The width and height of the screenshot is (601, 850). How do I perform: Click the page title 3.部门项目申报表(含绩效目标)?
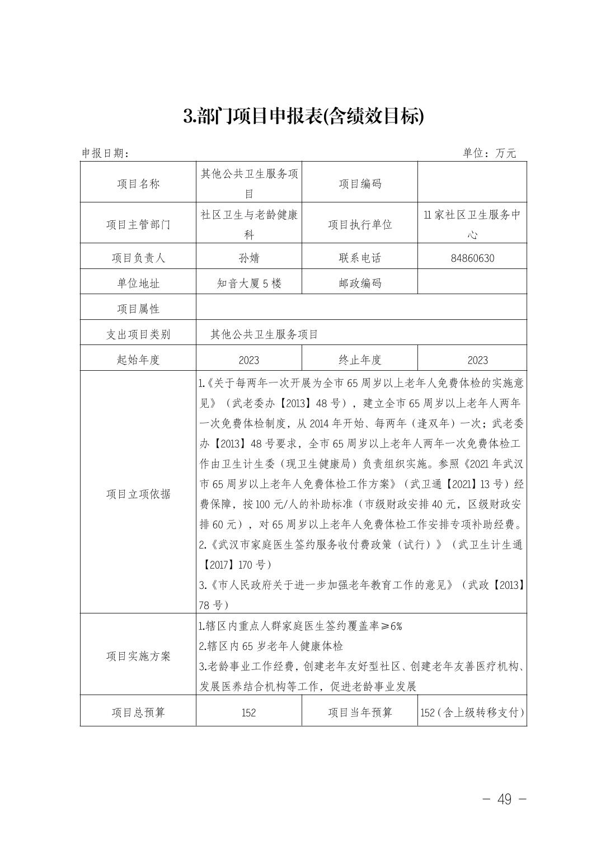304,116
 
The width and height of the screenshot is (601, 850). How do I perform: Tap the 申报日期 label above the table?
106,153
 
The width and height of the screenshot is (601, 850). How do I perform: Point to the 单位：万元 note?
489,153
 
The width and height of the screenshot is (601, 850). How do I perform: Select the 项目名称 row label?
138,183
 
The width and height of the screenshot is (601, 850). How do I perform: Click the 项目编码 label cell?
360,183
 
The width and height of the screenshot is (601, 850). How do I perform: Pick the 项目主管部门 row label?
138,224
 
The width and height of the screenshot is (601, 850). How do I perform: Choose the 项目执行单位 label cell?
360,224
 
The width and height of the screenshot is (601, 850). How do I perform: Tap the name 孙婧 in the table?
249,258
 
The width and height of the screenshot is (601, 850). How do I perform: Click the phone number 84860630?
472,258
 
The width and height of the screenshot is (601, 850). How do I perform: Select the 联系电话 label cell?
360,258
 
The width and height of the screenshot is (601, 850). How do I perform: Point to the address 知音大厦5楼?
249,284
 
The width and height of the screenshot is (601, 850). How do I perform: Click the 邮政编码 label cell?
360,284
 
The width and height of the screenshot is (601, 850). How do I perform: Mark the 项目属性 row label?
138,309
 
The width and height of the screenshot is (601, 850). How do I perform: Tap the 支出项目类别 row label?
138,334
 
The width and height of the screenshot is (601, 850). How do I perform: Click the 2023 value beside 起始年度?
249,360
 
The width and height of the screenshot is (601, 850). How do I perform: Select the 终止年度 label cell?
360,360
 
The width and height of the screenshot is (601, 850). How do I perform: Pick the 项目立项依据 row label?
138,494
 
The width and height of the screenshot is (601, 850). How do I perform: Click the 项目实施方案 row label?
138,656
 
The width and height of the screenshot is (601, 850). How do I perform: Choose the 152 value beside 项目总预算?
249,712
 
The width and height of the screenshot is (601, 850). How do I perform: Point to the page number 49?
504,799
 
